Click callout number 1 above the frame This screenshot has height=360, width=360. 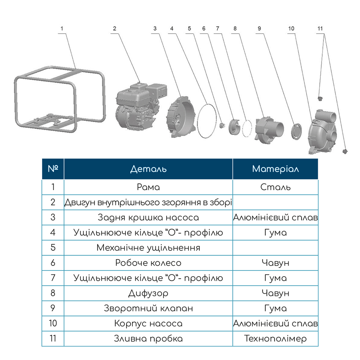tap(62, 28)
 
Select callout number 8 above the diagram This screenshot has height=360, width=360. tap(235, 28)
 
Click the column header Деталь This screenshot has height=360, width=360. tap(148, 169)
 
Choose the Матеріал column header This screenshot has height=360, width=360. tap(275, 169)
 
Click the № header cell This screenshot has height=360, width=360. tap(53, 169)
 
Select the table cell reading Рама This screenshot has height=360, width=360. tap(148, 187)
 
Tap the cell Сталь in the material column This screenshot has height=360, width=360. tap(275, 187)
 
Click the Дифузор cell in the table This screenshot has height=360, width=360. tap(148, 293)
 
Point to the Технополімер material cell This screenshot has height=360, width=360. tap(275, 339)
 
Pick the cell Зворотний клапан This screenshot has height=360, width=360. tap(148, 309)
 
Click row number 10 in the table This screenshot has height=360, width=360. tap(53, 323)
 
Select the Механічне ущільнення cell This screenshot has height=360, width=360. tap(148, 248)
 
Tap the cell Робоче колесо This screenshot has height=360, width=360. tap(148, 263)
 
